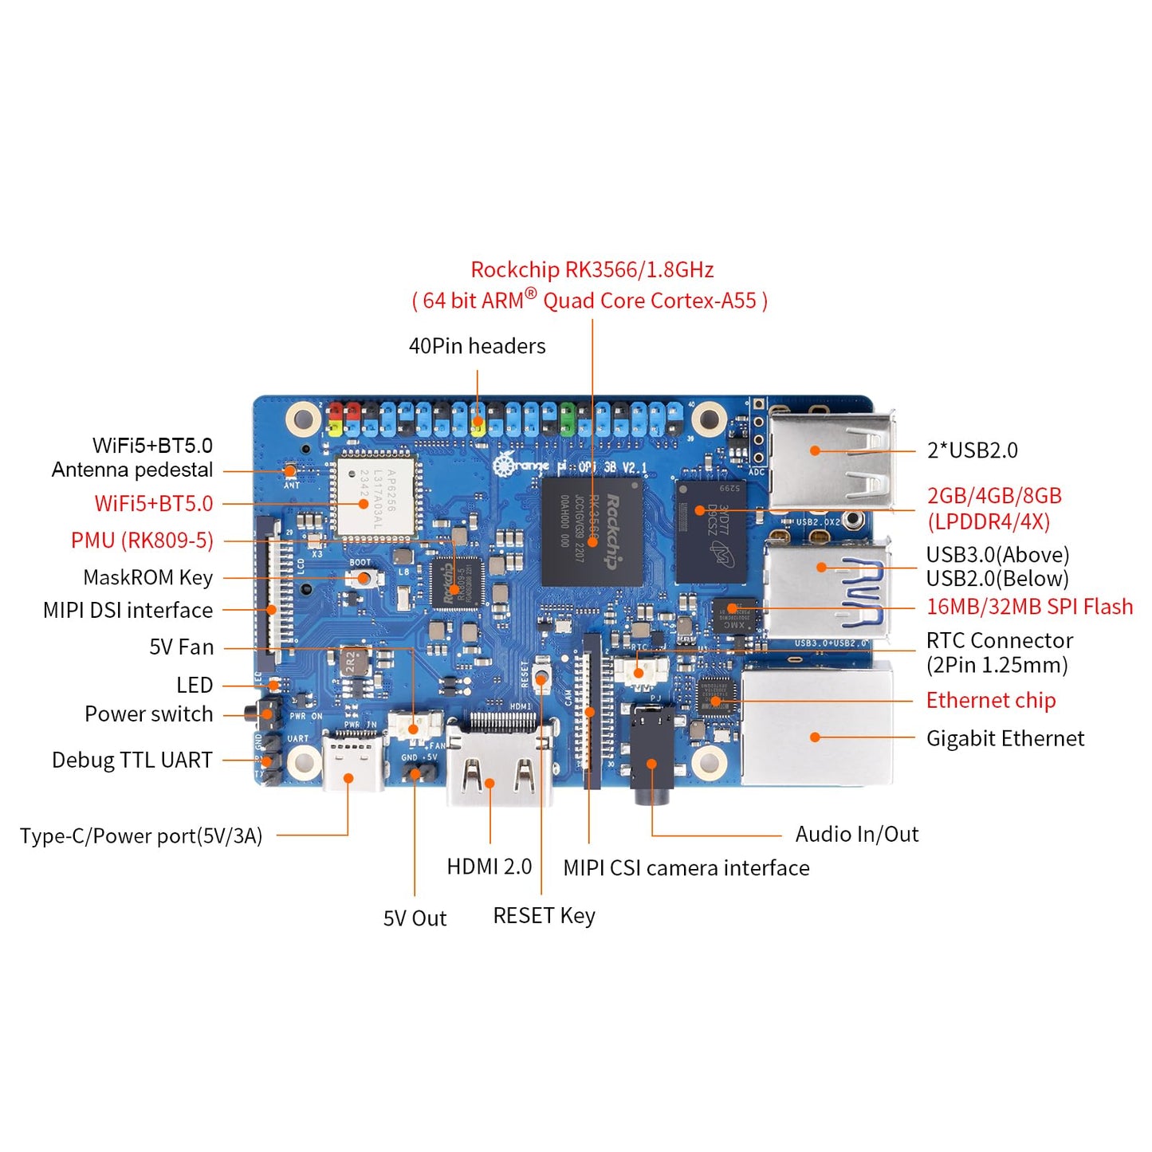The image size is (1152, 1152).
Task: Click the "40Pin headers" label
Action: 477,346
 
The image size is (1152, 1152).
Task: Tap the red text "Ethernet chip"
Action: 990,701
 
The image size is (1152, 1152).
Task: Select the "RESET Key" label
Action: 544,916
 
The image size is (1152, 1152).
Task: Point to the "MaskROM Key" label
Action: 147,577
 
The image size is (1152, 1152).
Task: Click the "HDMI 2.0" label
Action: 489,867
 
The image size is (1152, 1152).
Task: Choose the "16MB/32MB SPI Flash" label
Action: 1028,607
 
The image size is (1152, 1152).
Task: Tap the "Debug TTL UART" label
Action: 132,761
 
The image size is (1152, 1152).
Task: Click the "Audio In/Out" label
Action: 856,835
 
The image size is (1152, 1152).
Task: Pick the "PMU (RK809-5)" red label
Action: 142,541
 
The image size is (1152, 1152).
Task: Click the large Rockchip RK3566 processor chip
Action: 592,531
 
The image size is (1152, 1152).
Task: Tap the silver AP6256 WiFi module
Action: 375,496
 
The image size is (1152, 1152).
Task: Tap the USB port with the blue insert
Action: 827,590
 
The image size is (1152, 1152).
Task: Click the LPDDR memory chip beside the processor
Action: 712,530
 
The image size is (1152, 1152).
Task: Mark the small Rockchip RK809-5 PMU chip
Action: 456,584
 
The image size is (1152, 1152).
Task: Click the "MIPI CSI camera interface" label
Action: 686,868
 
